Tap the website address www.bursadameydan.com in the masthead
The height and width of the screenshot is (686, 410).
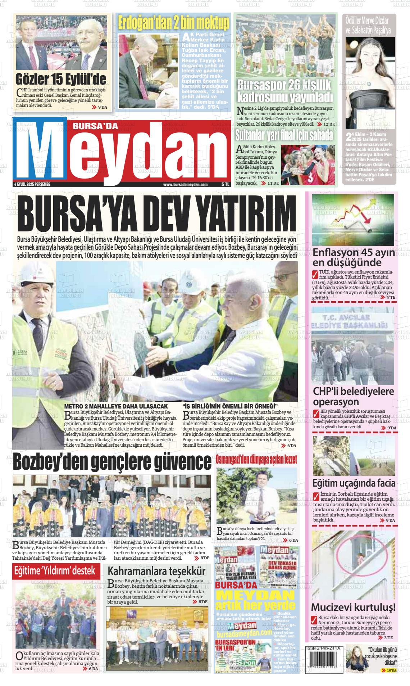point(185,184)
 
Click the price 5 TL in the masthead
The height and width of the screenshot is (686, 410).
point(225,184)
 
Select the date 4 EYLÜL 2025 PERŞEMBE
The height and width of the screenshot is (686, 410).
point(32,184)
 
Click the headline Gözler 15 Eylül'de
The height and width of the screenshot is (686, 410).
point(61,79)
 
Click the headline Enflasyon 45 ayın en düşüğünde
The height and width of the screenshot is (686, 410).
point(354,257)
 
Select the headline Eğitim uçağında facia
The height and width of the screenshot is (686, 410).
point(354,483)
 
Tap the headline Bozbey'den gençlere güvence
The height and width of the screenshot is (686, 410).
point(112,462)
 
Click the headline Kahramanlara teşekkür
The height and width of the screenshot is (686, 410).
point(157,571)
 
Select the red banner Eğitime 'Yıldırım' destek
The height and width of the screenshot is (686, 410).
point(54,570)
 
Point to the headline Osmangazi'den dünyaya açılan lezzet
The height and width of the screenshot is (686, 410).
point(256,460)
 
